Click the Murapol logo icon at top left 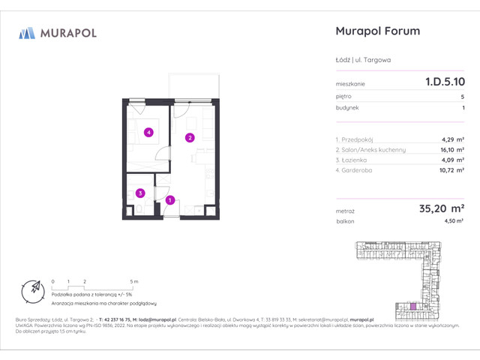tap(27, 32)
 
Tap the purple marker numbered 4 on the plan tap(149, 133)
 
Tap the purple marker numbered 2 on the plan tap(190, 137)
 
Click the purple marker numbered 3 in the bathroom tap(140, 193)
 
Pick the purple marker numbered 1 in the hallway tap(171, 200)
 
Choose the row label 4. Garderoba tap(358, 170)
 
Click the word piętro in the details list tap(344, 97)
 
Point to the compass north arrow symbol tap(31, 289)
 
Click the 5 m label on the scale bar tap(134, 280)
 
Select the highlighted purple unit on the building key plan tap(411, 306)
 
